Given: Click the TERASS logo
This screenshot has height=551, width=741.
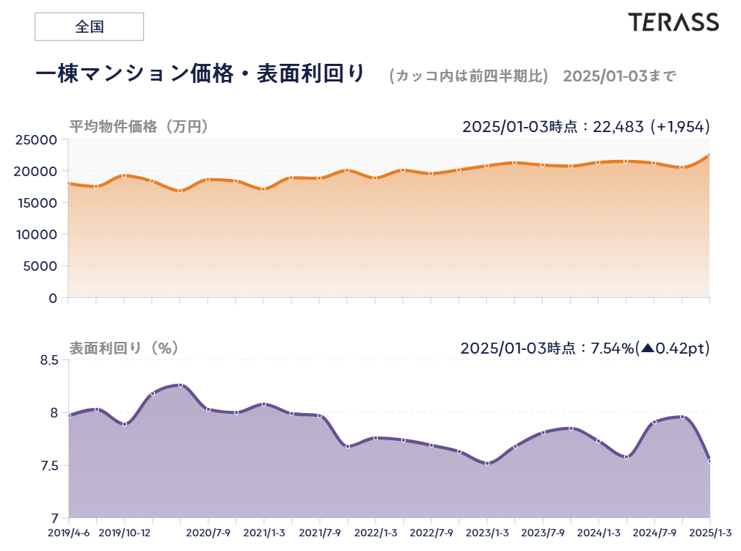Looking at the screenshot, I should pos(673,22).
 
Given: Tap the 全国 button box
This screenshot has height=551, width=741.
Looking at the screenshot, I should pos(89,27).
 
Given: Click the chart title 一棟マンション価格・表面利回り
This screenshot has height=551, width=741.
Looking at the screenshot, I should pos(200,74).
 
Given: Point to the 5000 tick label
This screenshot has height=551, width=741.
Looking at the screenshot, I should pos(42,266).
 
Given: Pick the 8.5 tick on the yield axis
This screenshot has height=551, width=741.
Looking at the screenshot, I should pos(48,360).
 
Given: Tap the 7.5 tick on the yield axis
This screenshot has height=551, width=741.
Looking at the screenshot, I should pos(48,466).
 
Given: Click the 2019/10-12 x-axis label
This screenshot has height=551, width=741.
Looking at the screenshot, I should pos(124,533).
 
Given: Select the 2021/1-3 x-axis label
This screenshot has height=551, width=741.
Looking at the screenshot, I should pos(264,533).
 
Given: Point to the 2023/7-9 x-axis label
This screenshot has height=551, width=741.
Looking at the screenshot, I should pos(543,533).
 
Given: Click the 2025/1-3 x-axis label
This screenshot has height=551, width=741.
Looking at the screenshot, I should pos(710,533).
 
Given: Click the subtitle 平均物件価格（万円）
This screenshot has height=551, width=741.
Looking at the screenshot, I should pos(139,126).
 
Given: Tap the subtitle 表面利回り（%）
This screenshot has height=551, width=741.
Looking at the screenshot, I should pos(124,348).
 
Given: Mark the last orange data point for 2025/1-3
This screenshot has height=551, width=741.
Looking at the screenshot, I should pos(709,156).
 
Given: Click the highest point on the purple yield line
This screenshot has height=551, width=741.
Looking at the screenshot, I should pos(180,385).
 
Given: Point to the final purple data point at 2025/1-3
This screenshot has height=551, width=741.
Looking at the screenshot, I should pos(709,461).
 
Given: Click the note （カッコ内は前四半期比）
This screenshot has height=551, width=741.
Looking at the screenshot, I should pos(469,76).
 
